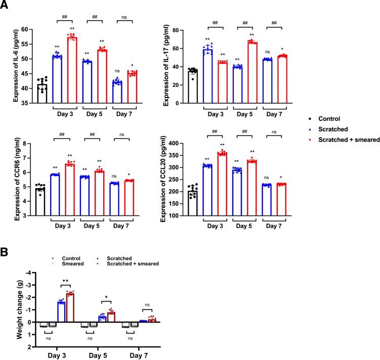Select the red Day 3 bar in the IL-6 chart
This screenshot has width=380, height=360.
tap(72, 70)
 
